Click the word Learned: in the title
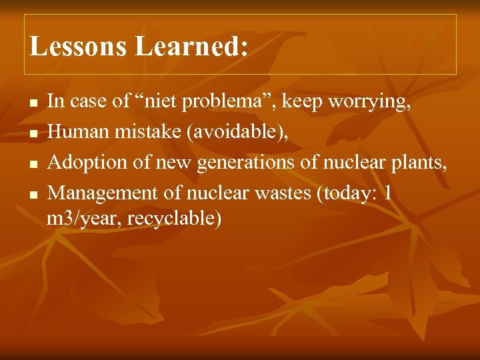point(192,46)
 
